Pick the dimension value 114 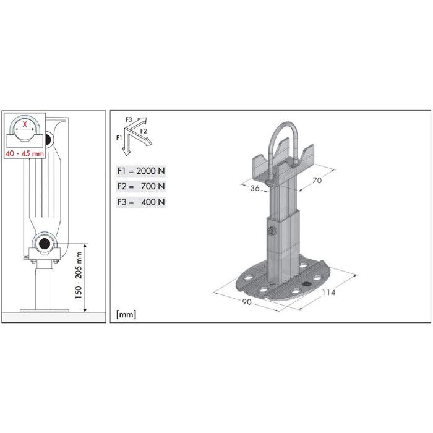coord(328,293)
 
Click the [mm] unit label coord(126,315)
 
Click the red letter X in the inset coord(24,124)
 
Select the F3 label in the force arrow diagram coord(128,118)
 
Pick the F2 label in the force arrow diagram coord(143,131)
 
